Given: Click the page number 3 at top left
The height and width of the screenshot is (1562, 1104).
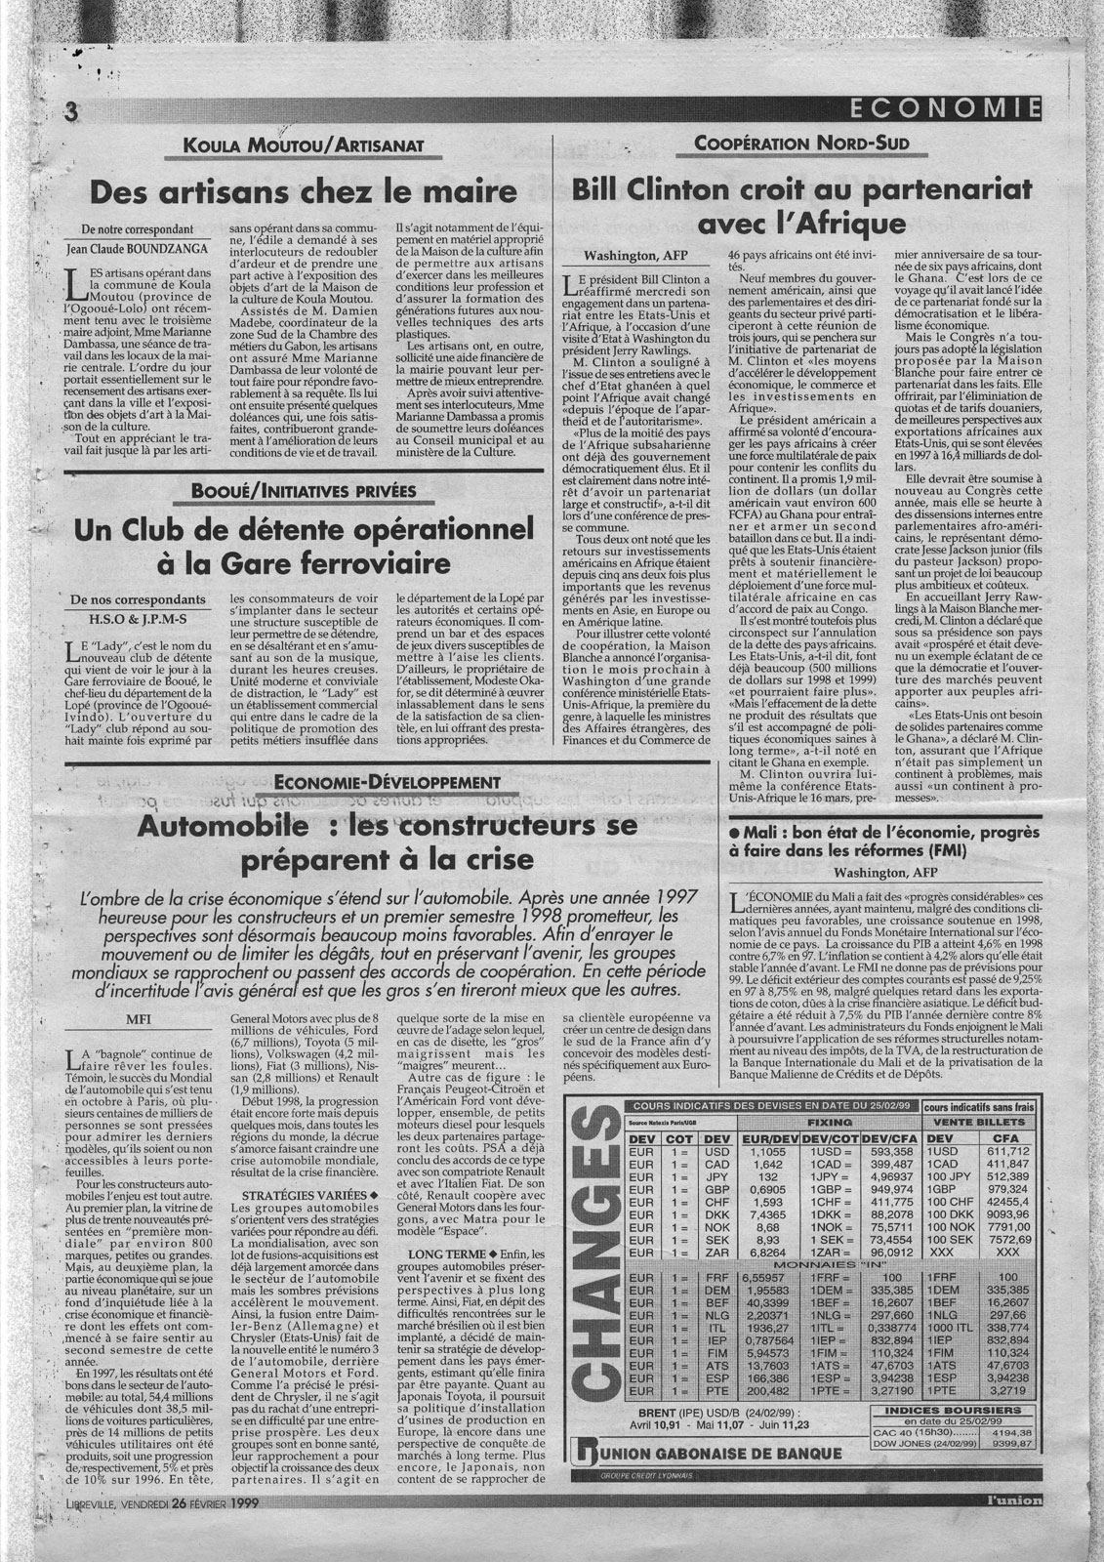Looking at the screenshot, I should (71, 112).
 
